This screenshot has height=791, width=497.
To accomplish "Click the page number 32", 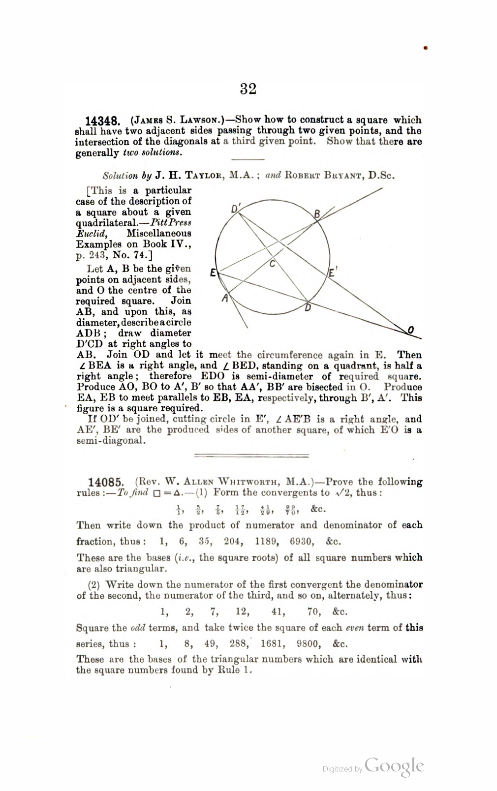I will (248, 89).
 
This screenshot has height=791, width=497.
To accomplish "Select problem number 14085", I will (105, 483).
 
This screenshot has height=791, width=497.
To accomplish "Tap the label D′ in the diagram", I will (235, 209).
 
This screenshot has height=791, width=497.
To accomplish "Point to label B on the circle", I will (317, 213).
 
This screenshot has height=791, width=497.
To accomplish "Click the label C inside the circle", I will (272, 265).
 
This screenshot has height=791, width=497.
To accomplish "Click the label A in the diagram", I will (224, 298).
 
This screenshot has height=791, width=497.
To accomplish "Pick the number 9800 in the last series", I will (308, 644).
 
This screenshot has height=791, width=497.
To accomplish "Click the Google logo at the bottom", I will (394, 766).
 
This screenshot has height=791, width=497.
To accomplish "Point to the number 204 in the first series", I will (233, 542).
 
